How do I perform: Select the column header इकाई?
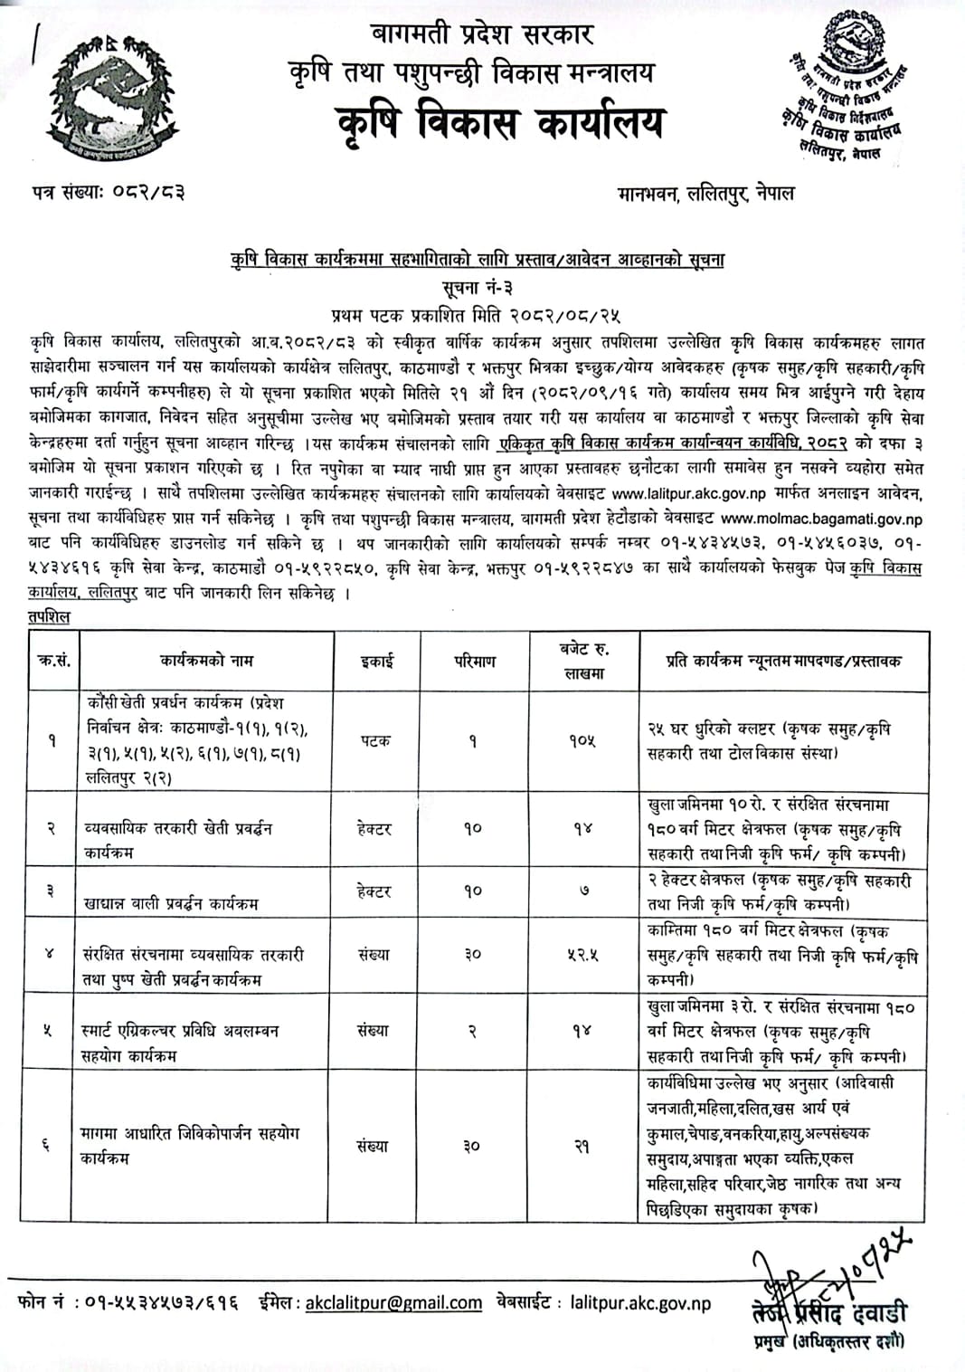[x=376, y=662]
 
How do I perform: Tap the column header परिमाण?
[x=474, y=662]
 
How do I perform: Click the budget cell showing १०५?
[x=582, y=740]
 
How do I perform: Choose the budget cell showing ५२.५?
[x=582, y=954]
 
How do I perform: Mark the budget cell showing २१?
[x=582, y=1146]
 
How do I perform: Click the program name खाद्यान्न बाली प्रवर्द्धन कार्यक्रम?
[x=171, y=902]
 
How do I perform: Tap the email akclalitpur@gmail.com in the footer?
[x=393, y=1303]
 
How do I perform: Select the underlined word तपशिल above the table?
[x=48, y=616]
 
